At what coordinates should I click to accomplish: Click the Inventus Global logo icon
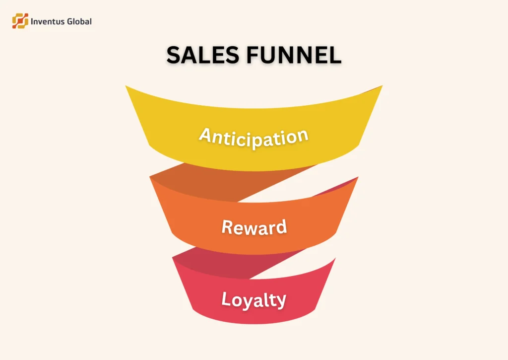click(20, 21)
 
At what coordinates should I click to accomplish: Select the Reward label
click(254, 227)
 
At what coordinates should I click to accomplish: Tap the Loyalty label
click(254, 300)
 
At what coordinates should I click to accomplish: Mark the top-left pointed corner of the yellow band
click(127, 87)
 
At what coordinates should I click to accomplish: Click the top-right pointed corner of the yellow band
click(381, 86)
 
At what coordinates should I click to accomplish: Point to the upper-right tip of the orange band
click(357, 177)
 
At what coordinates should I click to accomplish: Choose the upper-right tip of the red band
click(335, 259)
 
